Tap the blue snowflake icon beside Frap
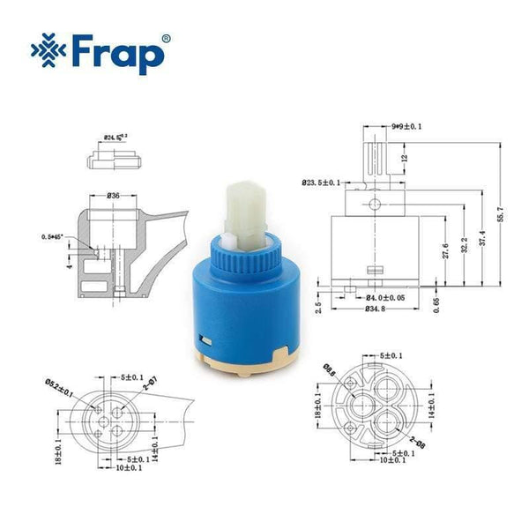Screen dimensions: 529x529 click(48, 52)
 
